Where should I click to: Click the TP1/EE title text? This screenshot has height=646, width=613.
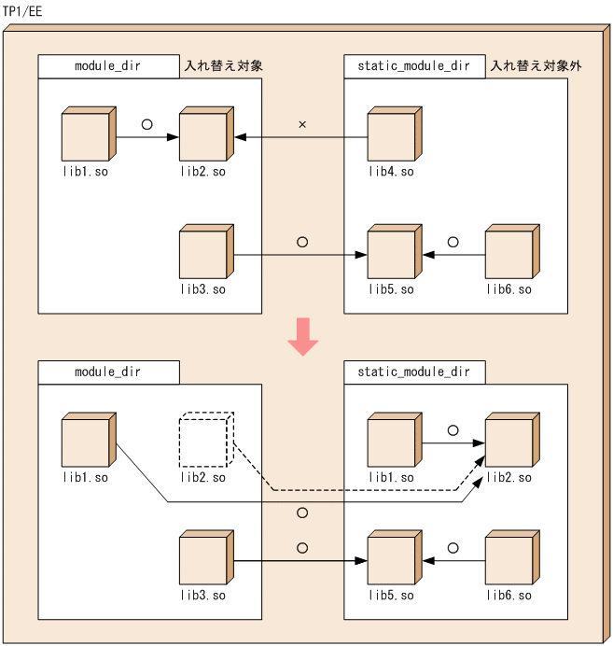22,11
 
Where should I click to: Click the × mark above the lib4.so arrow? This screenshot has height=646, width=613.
302,124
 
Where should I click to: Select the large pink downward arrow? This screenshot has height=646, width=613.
303,337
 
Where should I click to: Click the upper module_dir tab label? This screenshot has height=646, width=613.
108,66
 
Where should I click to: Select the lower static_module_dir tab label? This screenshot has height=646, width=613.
414,372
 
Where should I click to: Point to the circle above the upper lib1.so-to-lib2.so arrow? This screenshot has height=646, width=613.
146,123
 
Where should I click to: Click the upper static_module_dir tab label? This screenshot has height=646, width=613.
414,66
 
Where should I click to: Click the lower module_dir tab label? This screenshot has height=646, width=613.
108,372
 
